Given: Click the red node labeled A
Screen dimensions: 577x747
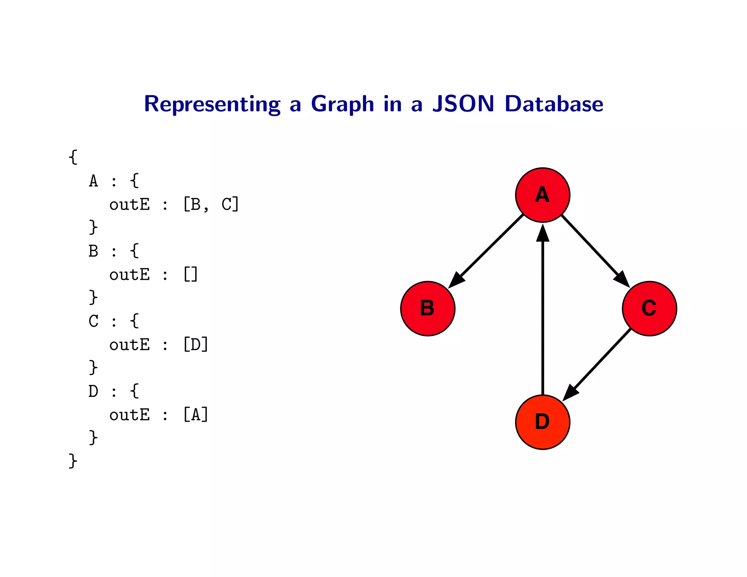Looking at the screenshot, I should point(542,195).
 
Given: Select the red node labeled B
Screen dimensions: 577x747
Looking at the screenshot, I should point(427,308).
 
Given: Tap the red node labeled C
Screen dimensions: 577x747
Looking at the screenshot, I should point(649,308).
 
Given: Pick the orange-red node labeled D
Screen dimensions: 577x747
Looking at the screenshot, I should point(542,422).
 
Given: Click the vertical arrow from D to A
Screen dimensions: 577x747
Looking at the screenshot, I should point(543,310).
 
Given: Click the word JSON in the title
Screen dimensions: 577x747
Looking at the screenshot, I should point(463,104).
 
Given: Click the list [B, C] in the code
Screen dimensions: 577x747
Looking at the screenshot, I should point(211,204).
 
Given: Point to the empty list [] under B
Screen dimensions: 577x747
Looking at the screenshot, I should point(190,274).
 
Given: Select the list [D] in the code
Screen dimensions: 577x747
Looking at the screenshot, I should point(196,344).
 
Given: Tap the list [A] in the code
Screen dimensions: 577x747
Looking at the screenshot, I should point(196,415).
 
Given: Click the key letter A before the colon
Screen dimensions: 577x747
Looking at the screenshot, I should point(93,181).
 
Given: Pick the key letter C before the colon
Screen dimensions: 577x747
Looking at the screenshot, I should point(93,321).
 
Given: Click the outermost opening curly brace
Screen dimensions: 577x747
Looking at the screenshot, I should point(73,157).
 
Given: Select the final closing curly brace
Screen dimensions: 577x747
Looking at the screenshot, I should point(73,461).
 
